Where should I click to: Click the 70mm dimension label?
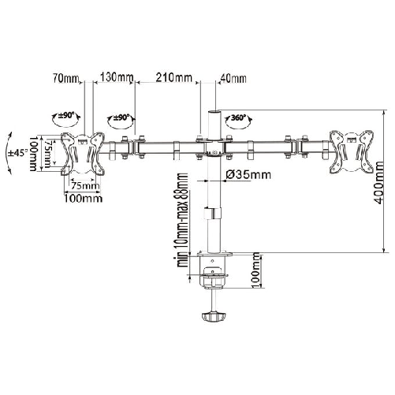(65, 78)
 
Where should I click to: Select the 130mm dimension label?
(116, 77)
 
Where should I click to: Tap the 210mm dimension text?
(174, 77)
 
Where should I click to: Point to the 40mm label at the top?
(233, 78)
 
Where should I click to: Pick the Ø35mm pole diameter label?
(248, 174)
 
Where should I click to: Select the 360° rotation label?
(238, 117)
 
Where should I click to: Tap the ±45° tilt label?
(18, 153)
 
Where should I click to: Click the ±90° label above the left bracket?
(66, 115)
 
